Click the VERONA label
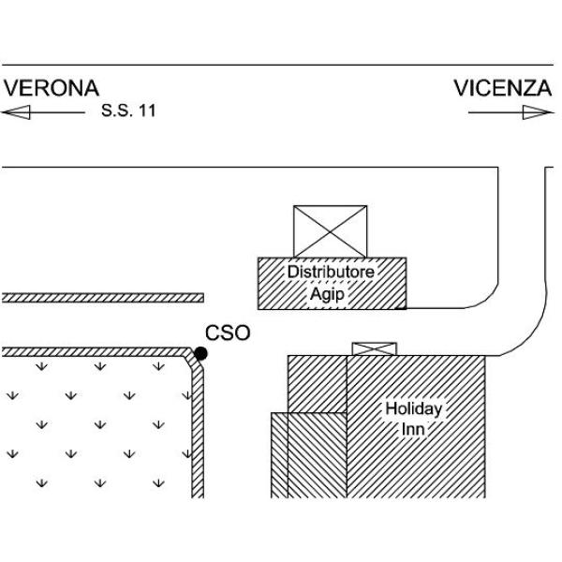pyautogui.click(x=52, y=88)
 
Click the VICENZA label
pyautogui.click(x=502, y=88)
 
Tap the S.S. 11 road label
pyautogui.click(x=128, y=111)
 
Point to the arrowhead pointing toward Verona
pyautogui.click(x=16, y=112)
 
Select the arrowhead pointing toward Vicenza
pyautogui.click(x=538, y=112)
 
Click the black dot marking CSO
pyautogui.click(x=200, y=354)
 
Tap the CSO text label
pyautogui.click(x=228, y=333)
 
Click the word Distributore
pyautogui.click(x=331, y=272)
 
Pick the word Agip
pyautogui.click(x=327, y=295)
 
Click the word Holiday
pyautogui.click(x=414, y=409)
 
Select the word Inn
pyautogui.click(x=413, y=429)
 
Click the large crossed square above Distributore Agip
pyautogui.click(x=330, y=231)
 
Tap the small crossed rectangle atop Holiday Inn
pyautogui.click(x=374, y=349)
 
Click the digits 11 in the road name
pyautogui.click(x=147, y=111)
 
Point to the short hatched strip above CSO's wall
pyautogui.click(x=103, y=298)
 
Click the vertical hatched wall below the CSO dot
pyautogui.click(x=198, y=430)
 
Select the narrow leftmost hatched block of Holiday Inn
pyautogui.click(x=279, y=455)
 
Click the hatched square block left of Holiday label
pyautogui.click(x=318, y=384)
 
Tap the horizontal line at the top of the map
pyautogui.click(x=278, y=66)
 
